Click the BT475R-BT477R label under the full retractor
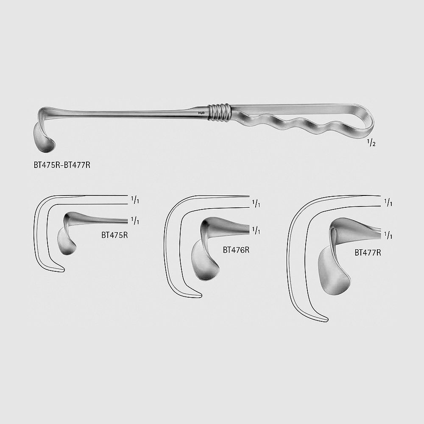pyautogui.click(x=62, y=165)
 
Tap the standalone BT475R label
pyautogui.click(x=114, y=235)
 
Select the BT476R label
pyautogui.click(x=236, y=250)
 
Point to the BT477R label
pyautogui.click(x=368, y=253)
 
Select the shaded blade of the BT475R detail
pyautogui.click(x=67, y=241)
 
